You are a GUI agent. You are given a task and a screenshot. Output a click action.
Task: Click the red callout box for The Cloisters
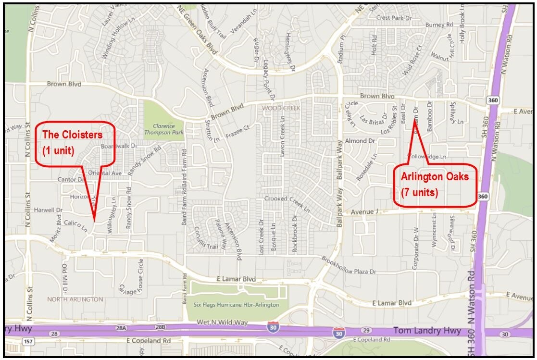pos(75,143)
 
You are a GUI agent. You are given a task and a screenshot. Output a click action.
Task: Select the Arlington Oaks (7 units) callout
pos(435,186)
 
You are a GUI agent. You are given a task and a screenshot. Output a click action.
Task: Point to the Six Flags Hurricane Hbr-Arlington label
pos(236,305)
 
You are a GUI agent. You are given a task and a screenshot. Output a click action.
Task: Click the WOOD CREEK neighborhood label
pos(281,108)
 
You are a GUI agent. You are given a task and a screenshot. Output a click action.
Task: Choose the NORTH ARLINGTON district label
pos(75,299)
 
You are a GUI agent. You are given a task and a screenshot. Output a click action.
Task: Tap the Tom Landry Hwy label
pos(427,331)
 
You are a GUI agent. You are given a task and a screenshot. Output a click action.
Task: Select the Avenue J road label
pos(365,211)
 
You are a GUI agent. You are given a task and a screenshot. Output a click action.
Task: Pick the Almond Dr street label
pos(360,141)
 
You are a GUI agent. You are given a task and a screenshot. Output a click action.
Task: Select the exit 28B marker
pos(159,327)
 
